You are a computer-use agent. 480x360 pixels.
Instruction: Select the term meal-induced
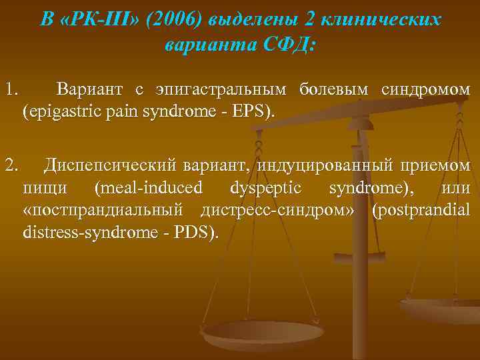(x=148, y=188)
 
